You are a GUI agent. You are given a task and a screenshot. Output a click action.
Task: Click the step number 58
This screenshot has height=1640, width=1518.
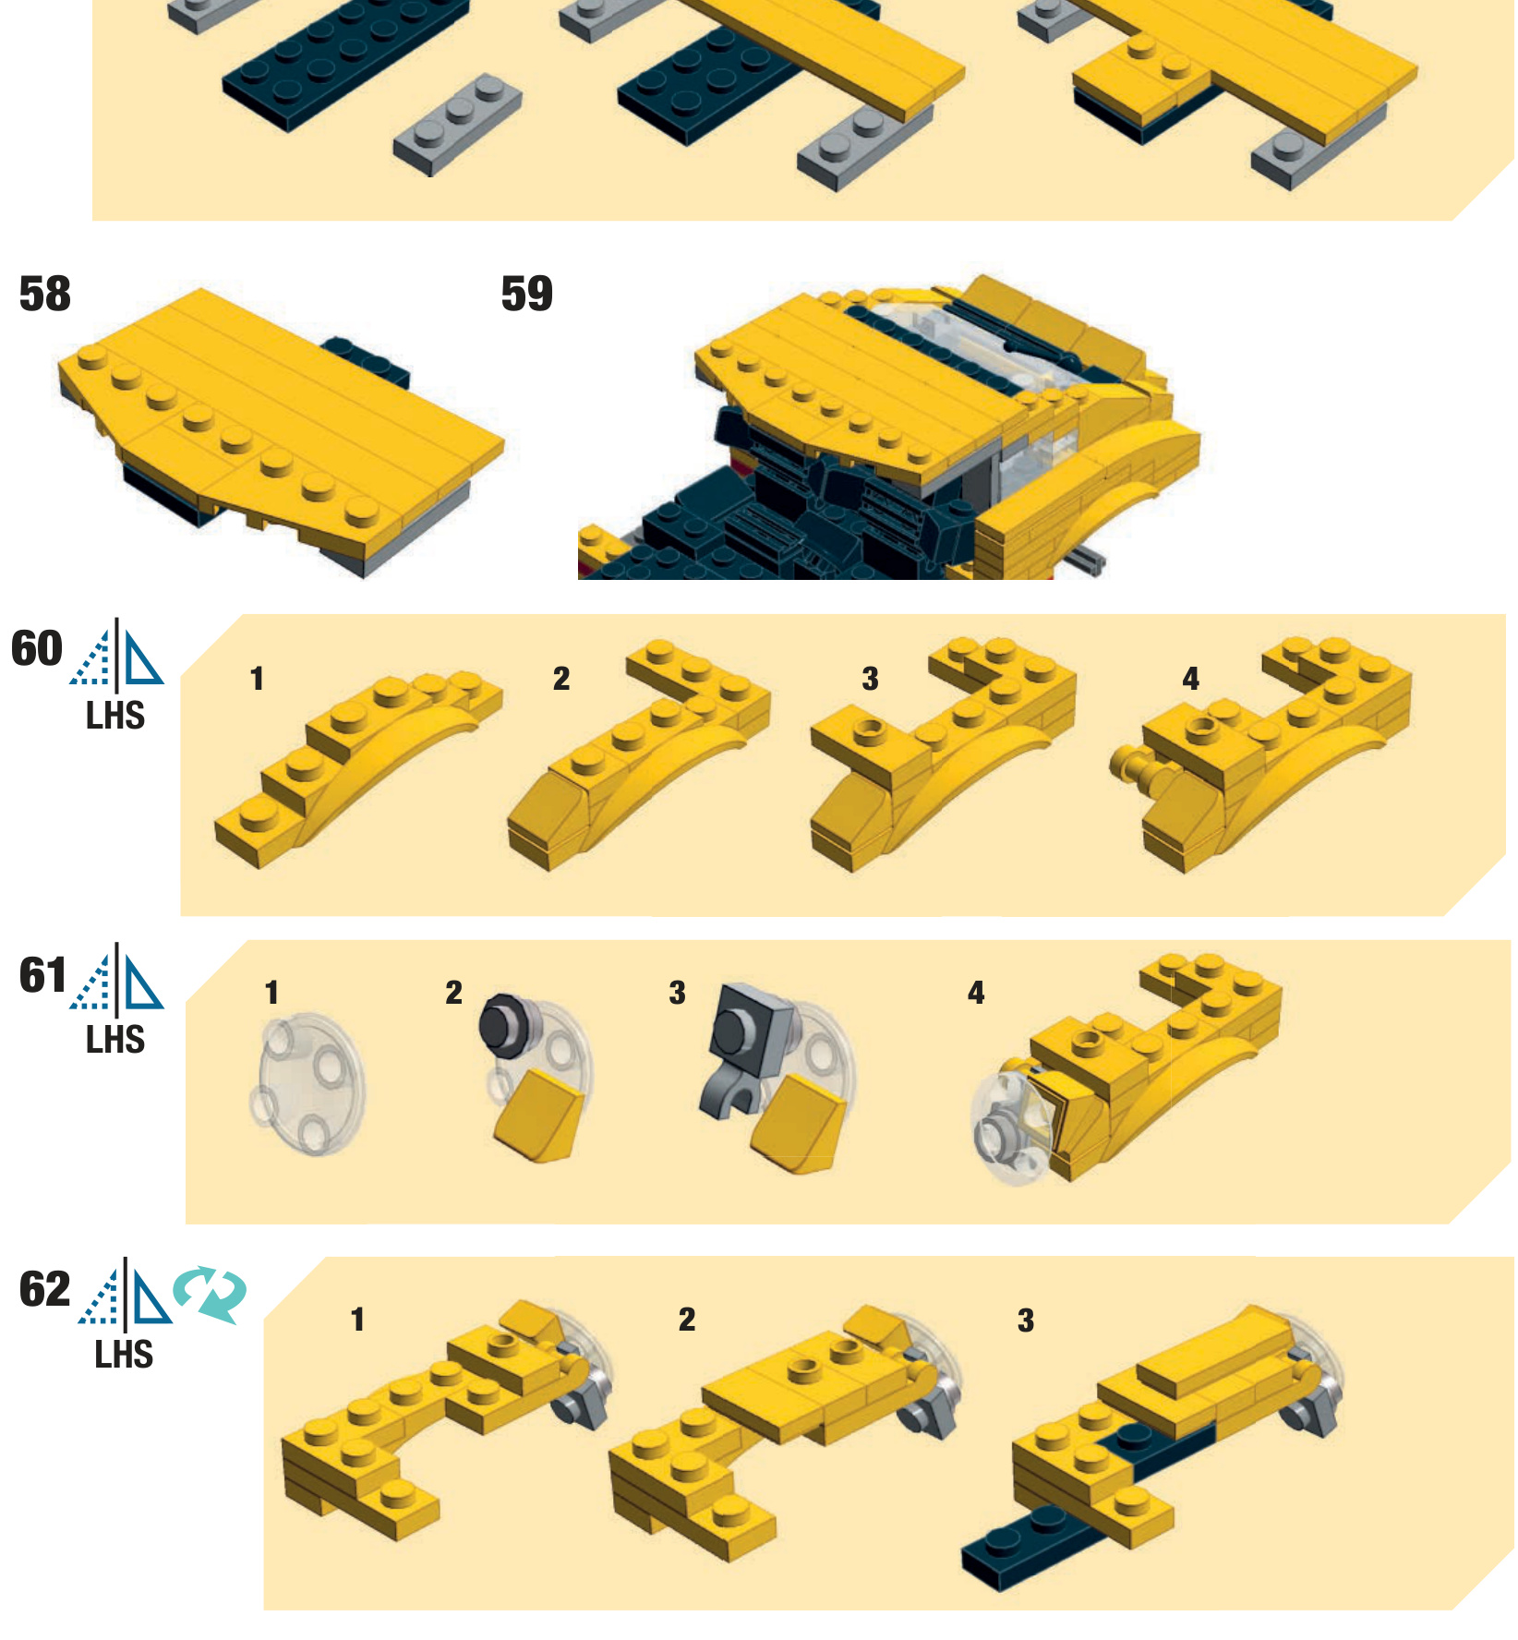coord(44,295)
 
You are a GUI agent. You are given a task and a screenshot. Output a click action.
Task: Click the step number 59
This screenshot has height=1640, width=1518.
coord(526,295)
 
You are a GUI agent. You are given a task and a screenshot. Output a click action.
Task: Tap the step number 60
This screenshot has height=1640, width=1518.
coord(37,648)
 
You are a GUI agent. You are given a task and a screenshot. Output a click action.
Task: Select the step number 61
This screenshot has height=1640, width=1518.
coord(42,975)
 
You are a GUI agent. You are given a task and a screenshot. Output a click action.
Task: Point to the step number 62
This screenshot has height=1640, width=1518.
coord(44,1289)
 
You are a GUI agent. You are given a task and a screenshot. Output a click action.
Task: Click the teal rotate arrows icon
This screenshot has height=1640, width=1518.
coord(211,1295)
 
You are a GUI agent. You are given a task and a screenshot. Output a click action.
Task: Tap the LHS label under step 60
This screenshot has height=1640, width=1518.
coord(115,716)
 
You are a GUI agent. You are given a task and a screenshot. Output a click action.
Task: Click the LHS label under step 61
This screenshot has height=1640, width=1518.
coord(115,1040)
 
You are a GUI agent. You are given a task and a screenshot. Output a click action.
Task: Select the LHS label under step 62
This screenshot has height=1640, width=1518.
coord(124,1355)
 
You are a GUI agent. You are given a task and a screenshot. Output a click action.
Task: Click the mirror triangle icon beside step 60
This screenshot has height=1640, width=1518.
coord(117,655)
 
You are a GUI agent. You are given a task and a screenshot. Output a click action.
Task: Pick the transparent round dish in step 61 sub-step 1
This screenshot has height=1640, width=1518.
coord(307,1084)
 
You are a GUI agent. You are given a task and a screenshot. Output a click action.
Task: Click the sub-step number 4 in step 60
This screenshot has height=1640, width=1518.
coord(1191,680)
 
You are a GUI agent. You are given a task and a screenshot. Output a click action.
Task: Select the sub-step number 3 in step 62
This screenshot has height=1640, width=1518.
coord(1026,1320)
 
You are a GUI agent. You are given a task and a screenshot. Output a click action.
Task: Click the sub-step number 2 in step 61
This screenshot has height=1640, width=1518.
coord(453,993)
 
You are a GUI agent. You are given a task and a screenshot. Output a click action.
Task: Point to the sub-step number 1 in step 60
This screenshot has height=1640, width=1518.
coord(258,680)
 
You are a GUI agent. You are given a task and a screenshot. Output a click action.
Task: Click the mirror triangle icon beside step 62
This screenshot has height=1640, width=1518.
coord(126,1293)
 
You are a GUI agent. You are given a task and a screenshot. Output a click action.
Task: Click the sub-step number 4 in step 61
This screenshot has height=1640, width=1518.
coord(976,993)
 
